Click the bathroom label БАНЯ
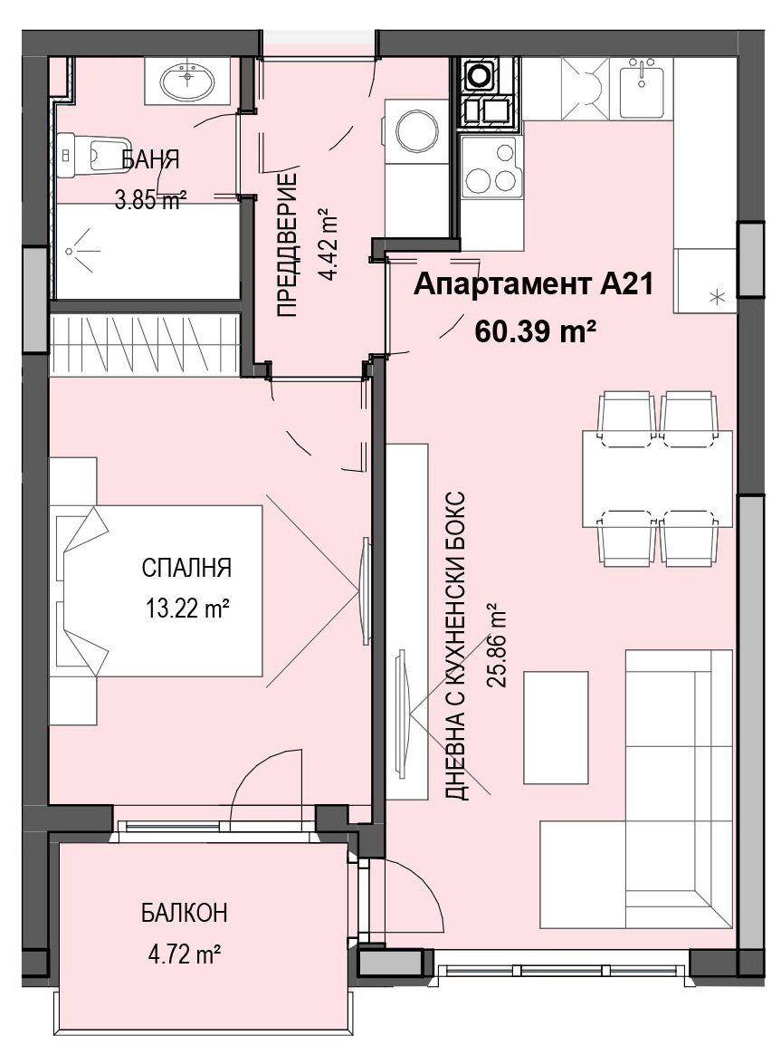(x=150, y=160)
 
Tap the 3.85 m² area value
(x=150, y=201)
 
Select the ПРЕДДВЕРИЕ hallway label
(x=288, y=245)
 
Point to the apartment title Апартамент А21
(x=534, y=284)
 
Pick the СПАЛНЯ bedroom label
(x=186, y=567)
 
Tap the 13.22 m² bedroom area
(x=186, y=608)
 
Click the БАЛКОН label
(x=185, y=913)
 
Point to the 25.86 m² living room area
(x=499, y=646)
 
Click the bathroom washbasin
(x=187, y=81)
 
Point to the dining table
(x=657, y=478)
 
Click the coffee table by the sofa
(x=556, y=727)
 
